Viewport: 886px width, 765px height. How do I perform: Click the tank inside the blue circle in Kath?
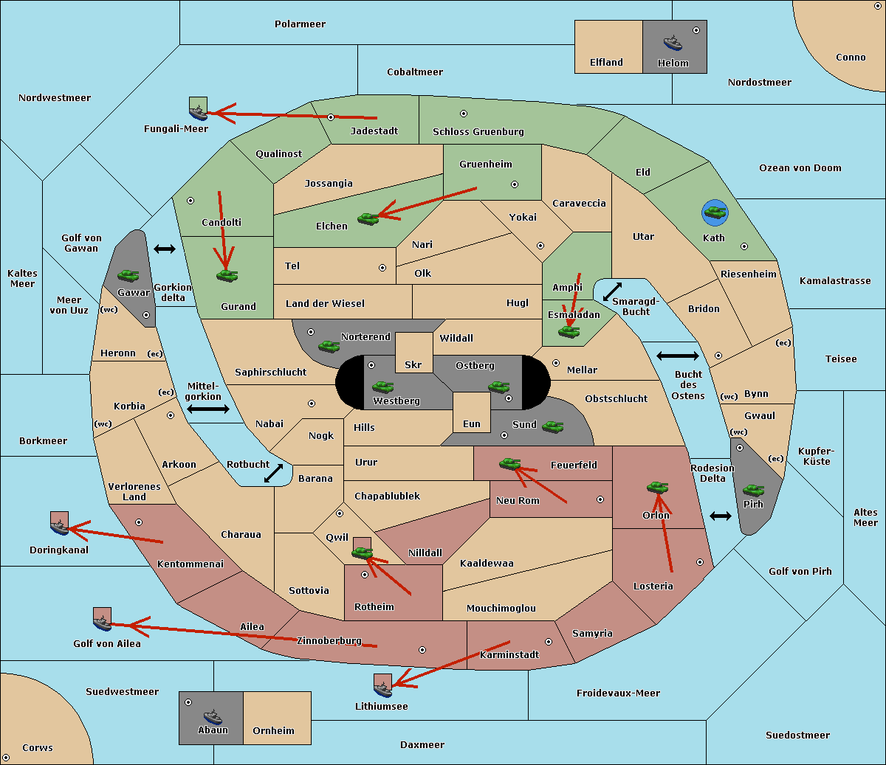[x=715, y=212]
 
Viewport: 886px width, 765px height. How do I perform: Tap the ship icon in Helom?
[x=673, y=44]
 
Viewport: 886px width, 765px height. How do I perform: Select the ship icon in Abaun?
[x=213, y=717]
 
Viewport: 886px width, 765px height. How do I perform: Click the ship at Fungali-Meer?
[x=198, y=112]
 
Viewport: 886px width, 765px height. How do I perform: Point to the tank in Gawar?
[x=128, y=275]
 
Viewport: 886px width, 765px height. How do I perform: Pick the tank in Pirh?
[x=753, y=490]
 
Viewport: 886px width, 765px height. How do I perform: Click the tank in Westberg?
[x=382, y=387]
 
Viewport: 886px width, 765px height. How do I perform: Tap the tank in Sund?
[x=552, y=427]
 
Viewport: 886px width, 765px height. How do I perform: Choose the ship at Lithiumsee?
[x=382, y=689]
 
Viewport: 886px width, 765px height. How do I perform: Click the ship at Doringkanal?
[x=60, y=527]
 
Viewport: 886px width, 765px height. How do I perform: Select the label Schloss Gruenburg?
[x=478, y=131]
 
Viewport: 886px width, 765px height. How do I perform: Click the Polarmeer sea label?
[x=300, y=24]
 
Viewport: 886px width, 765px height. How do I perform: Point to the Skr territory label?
[x=413, y=364]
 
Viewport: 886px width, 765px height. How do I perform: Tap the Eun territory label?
[x=472, y=423]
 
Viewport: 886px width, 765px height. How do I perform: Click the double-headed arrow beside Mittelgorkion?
[x=208, y=409]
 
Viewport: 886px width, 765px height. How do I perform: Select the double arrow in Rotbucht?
[x=273, y=474]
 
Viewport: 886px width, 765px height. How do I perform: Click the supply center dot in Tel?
[x=382, y=268]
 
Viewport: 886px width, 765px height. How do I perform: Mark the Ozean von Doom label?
[x=800, y=168]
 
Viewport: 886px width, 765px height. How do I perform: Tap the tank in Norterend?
[x=329, y=346]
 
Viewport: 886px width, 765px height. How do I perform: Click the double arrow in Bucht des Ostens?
[x=678, y=356]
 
